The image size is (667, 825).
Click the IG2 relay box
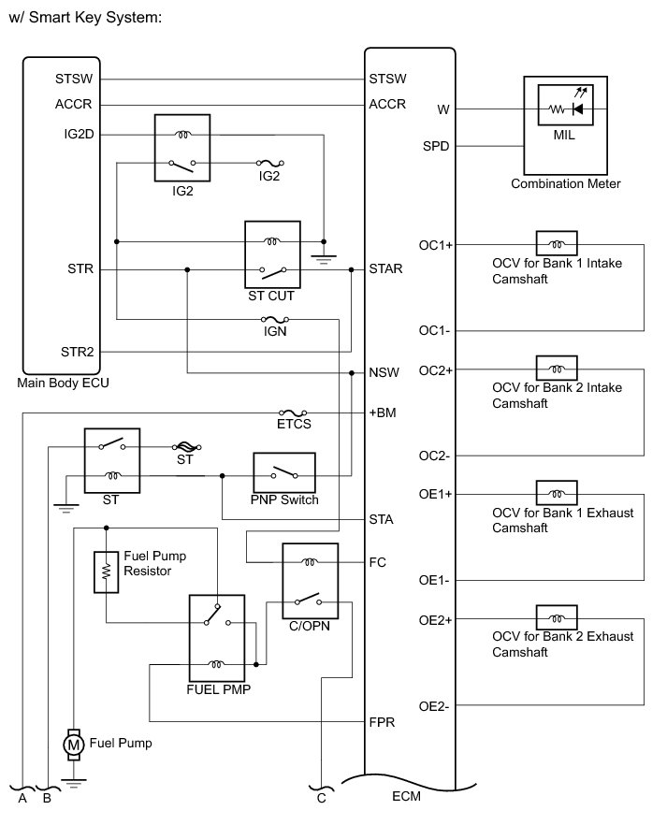(182, 148)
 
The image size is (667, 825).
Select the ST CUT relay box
(271, 255)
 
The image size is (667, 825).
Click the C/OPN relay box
(311, 580)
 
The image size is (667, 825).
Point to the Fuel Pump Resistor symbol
(105, 572)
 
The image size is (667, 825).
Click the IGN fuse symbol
(275, 320)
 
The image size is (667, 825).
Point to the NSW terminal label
(384, 372)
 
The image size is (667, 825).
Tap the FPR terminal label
(384, 722)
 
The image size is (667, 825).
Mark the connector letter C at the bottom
(321, 797)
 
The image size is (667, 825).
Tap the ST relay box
(112, 460)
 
